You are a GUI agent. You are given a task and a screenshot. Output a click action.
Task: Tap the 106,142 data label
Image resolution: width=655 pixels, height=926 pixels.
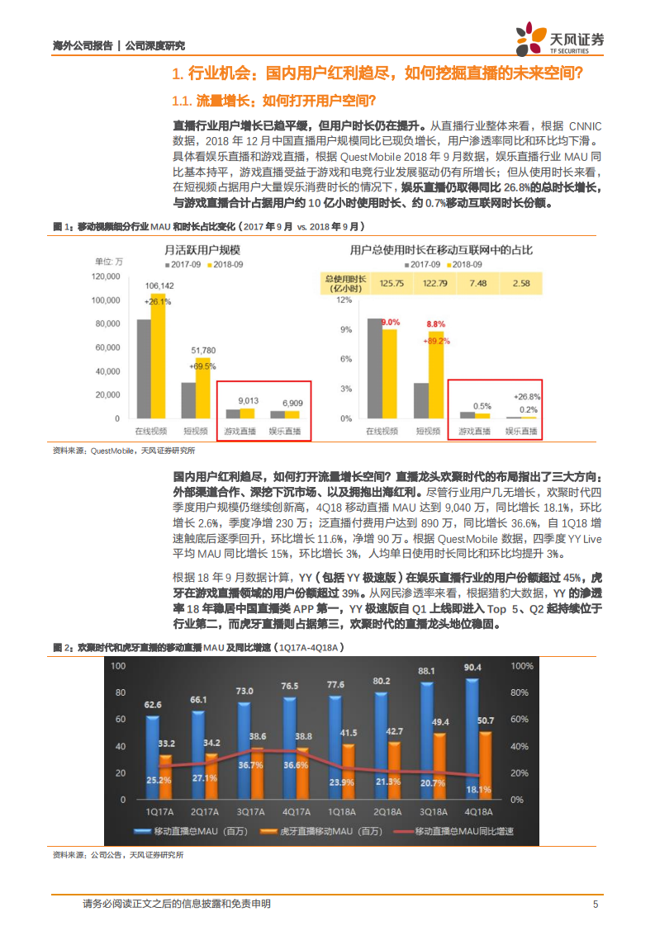(x=159, y=286)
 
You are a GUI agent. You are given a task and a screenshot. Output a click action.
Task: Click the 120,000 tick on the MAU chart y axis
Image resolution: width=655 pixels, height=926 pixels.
(x=107, y=276)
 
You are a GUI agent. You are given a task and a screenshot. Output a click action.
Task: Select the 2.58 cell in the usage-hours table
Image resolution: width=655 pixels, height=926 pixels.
(x=520, y=283)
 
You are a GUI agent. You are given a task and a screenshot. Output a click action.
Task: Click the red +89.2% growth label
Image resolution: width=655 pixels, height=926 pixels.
(x=437, y=340)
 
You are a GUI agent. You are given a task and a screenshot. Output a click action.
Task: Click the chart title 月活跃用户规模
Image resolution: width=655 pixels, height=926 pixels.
(x=192, y=249)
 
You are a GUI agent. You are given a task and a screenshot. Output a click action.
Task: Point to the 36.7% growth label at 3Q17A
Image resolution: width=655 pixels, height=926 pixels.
(x=250, y=765)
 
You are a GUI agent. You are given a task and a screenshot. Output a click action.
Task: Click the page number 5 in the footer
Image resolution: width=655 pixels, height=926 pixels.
(x=594, y=905)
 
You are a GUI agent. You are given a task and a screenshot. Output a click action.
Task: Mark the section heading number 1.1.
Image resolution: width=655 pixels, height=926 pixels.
(x=181, y=101)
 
